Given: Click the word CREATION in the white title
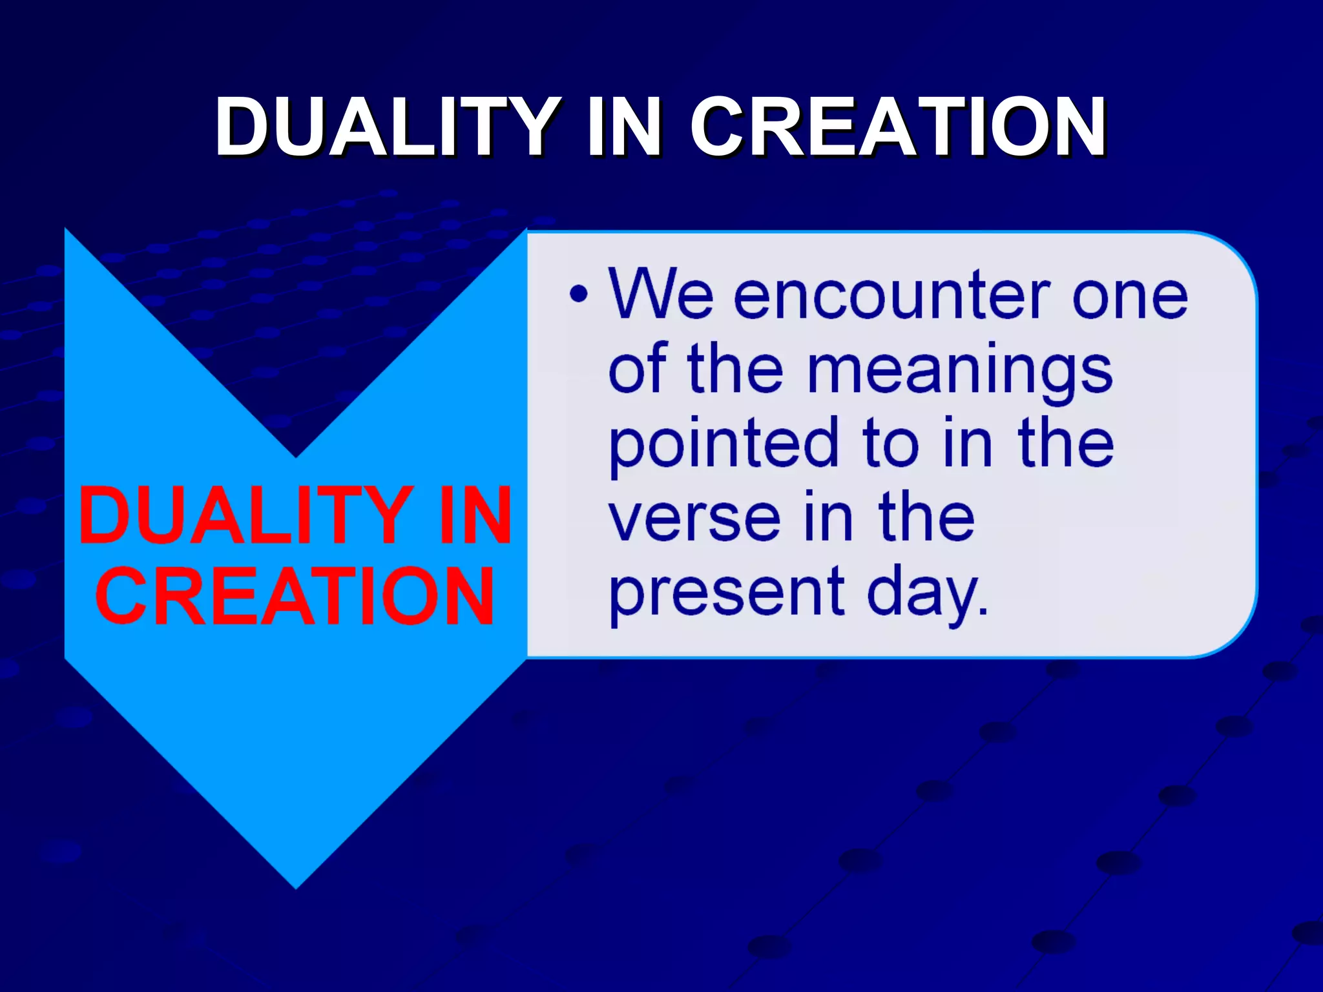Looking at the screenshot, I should pyautogui.click(x=899, y=127).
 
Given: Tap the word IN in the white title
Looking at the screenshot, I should pyautogui.click(x=624, y=127).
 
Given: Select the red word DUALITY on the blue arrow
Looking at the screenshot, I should pyautogui.click(x=245, y=517).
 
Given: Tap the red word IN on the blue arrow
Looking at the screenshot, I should pyautogui.click(x=475, y=517).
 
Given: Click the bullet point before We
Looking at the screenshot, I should pyautogui.click(x=579, y=295).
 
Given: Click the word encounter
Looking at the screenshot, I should pyautogui.click(x=891, y=295).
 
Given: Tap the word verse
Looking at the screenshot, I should pyautogui.click(x=695, y=519).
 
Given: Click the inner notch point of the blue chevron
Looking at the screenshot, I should pyautogui.click(x=296, y=456).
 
